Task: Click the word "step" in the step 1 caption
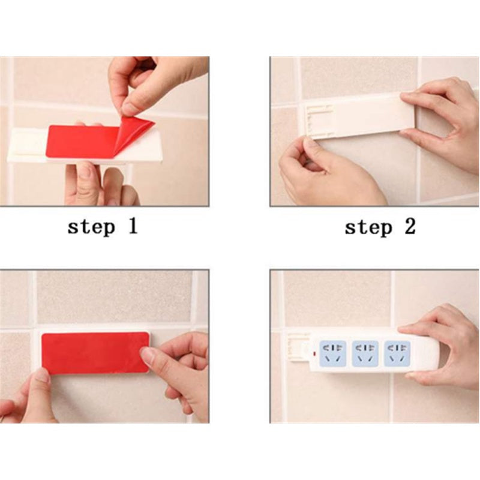91,227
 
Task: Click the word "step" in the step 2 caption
368,227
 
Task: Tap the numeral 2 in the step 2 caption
410,226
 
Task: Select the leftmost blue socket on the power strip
332,353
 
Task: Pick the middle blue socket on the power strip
365,353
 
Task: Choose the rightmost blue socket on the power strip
397,353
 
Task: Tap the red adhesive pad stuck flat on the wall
95,353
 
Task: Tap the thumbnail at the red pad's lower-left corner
42,376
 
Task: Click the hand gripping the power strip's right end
441,346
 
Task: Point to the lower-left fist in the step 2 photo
325,172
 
